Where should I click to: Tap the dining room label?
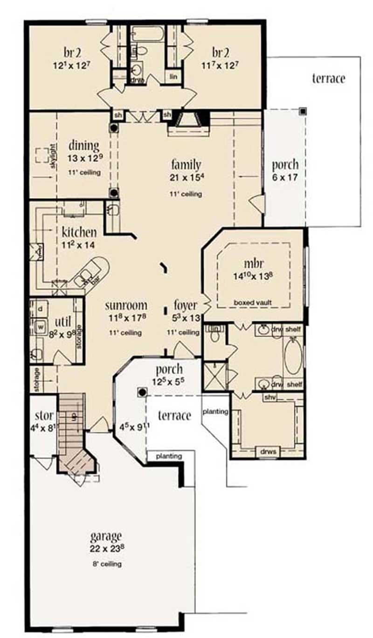(84, 146)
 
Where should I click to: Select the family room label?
(186, 164)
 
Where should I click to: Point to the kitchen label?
(79, 231)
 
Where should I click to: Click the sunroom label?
(126, 306)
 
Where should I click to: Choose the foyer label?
(186, 306)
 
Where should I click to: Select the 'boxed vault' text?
(253, 302)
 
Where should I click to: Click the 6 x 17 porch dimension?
(285, 177)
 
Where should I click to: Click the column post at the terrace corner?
(303, 111)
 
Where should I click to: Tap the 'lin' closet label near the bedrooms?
(173, 76)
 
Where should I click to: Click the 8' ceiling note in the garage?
(106, 564)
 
